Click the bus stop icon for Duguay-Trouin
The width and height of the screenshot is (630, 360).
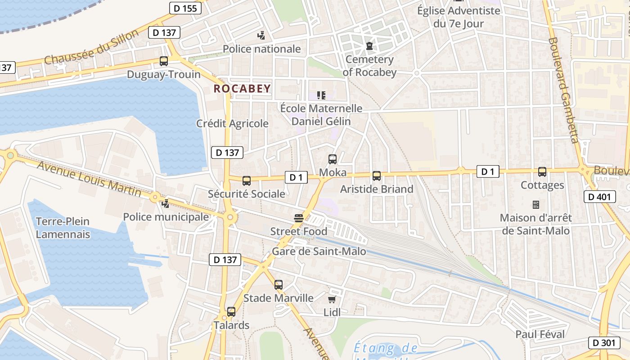pos(164,61)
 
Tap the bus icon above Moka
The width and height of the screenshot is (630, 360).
pos(333,159)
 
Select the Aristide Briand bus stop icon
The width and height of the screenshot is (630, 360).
pos(377,176)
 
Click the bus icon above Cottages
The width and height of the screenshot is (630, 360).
pos(542,172)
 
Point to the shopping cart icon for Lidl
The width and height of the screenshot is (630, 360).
pos(332,299)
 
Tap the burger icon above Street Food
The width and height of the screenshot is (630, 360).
pos(299,218)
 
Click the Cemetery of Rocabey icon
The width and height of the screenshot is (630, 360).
pos(369,46)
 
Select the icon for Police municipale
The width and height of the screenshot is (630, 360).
pos(166,203)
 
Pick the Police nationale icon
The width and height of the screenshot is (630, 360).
pos(261,35)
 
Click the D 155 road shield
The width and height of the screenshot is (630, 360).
pos(185,8)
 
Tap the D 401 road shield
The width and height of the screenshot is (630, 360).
pos(599,197)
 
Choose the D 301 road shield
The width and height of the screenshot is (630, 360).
pos(604,342)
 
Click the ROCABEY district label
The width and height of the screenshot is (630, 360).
pos(242,89)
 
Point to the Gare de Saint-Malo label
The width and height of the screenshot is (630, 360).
pos(319,252)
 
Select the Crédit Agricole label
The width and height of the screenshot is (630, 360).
pos(232,123)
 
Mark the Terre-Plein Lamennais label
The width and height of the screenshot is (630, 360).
pos(63,228)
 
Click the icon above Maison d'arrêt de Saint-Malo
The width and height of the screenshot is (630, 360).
pos(535,205)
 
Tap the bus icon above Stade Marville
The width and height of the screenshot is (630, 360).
pos(279,285)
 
